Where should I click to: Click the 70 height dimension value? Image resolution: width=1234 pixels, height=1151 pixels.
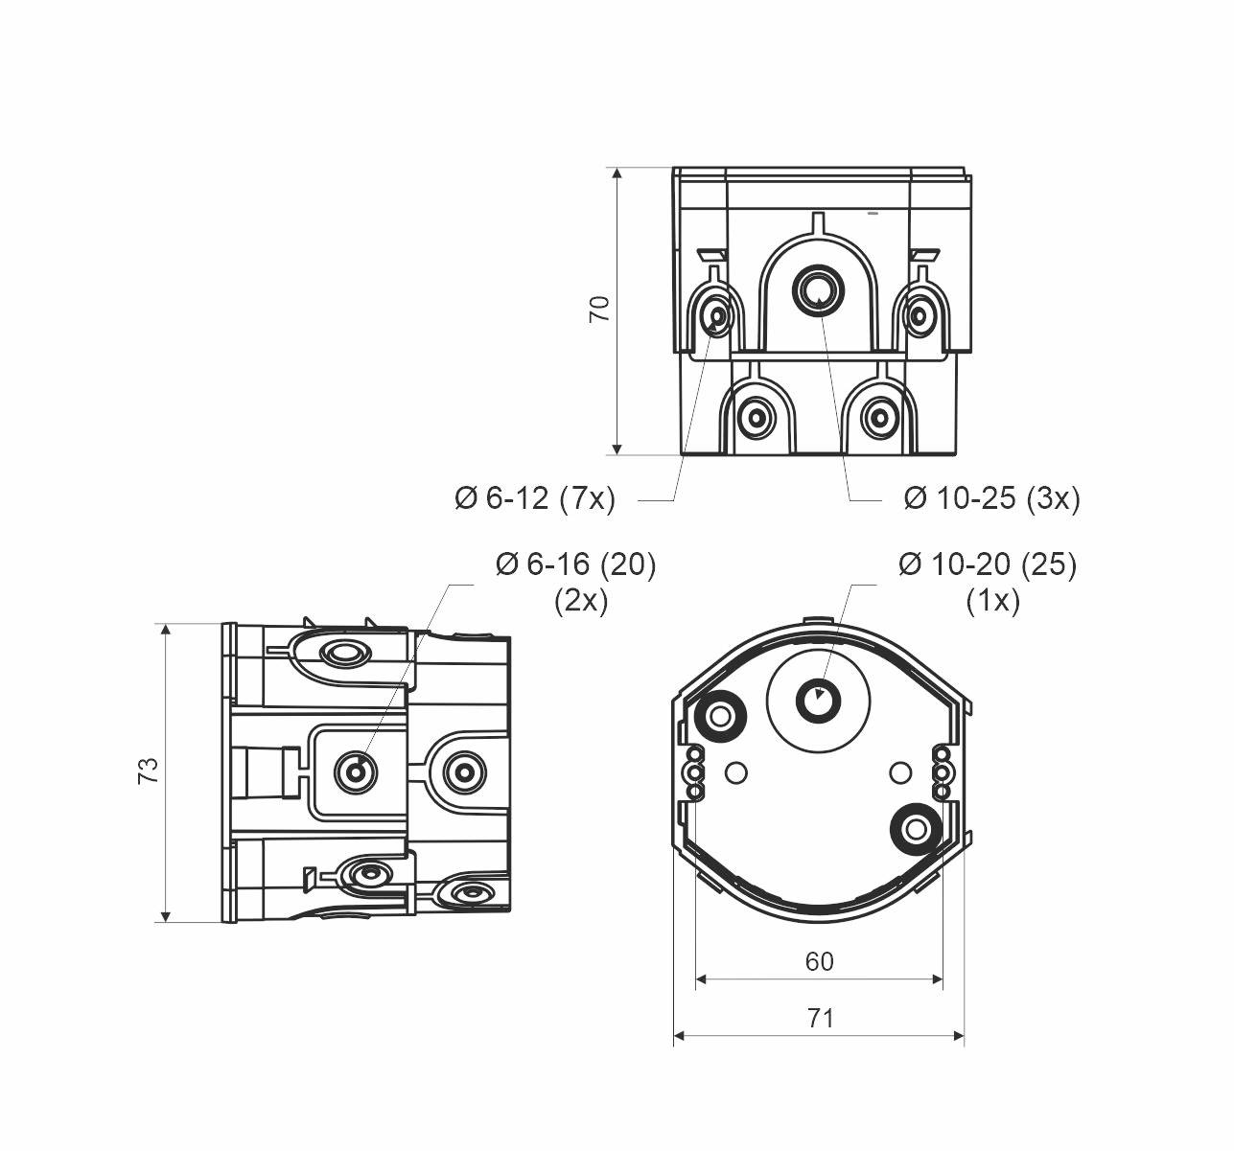(x=599, y=309)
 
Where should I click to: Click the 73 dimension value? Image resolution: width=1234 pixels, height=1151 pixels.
(x=148, y=771)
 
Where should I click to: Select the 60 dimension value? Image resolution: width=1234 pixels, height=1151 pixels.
(x=819, y=961)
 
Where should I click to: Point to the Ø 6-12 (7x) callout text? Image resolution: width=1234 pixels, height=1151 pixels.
(x=534, y=498)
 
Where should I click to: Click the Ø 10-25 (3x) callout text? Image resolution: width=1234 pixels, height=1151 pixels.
(x=991, y=498)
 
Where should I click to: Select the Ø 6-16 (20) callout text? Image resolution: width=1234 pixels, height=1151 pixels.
(x=575, y=564)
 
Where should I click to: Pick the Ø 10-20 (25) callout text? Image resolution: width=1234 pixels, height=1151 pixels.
(x=987, y=564)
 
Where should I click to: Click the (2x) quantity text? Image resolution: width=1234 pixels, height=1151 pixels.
(x=580, y=601)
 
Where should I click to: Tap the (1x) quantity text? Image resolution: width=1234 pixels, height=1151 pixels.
(x=991, y=601)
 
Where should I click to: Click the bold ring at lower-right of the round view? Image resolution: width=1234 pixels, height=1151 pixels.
(x=913, y=829)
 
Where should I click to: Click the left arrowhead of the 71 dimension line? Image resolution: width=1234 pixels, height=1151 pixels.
(x=679, y=1035)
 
